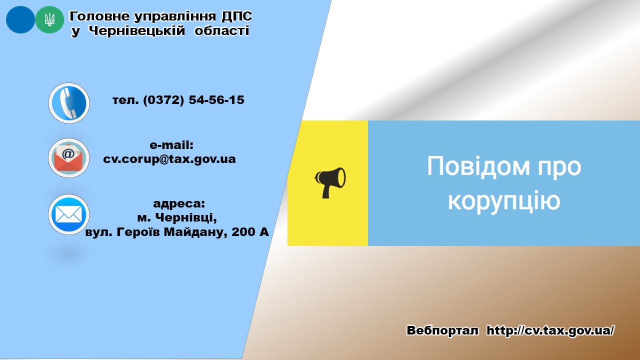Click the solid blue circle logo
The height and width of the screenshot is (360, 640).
pos(20,19)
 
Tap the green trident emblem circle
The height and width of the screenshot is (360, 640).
pos(49,19)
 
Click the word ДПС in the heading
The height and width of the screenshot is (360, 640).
pos(237,16)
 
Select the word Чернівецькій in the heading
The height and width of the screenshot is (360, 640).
pos(137,31)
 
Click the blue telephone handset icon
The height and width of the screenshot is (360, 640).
pos(69,103)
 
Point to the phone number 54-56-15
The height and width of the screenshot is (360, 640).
pos(216,100)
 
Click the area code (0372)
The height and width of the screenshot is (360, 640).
pos(163,100)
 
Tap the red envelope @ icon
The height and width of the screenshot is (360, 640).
pos(69,158)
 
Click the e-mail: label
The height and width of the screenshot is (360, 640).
pos(171,145)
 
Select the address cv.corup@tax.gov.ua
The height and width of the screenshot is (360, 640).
pos(169,159)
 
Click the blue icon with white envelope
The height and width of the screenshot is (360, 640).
pos(69,214)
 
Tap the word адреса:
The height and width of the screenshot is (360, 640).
pos(179,203)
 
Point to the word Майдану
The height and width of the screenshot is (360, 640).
pos(195,232)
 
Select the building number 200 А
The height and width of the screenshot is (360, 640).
pos(250,232)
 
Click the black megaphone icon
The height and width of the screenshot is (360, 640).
pos(330,182)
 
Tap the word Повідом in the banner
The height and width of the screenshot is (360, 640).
pos(478,166)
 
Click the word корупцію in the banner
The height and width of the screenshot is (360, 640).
pos(504,201)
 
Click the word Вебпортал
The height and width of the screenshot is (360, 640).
pos(442,330)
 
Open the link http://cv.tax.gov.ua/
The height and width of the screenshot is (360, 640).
pos(550,330)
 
